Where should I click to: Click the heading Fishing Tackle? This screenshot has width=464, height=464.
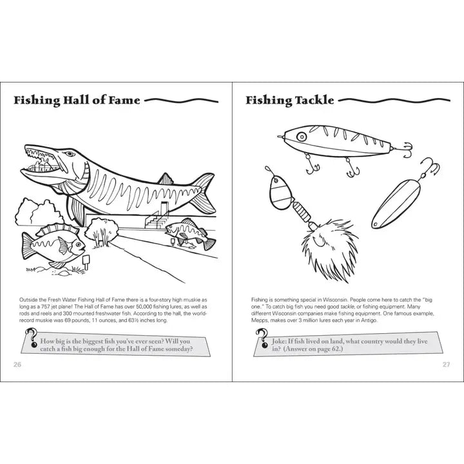(289, 101)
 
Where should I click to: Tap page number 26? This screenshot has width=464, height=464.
(17, 364)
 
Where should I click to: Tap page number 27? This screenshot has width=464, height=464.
(446, 364)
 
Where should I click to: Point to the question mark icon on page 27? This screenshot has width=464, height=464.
(262, 336)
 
